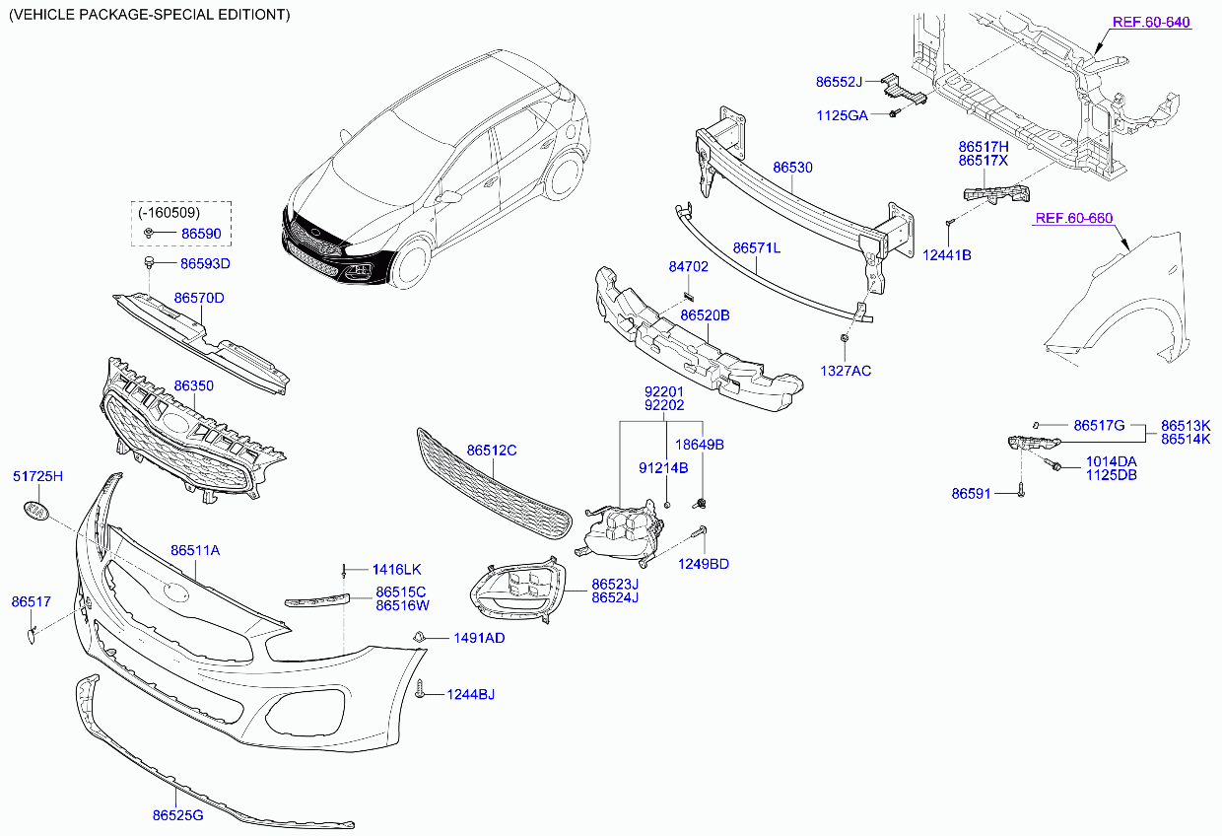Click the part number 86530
coord(792,168)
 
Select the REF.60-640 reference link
coord(1151,23)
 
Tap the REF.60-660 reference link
coord(1073,218)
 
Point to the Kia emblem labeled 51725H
coord(36,511)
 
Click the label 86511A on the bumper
coord(195,551)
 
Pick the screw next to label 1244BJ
coord(420,689)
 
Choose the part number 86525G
coord(177,816)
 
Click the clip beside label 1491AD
coord(419,636)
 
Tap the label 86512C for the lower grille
coord(492,451)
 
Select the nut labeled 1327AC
coord(844,339)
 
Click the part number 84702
coord(689,267)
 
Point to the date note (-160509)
coord(169,213)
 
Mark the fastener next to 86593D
coord(149,262)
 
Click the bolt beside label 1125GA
coord(894,113)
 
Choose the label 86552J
coord(839,82)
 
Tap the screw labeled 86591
coord(1021,490)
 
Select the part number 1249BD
coord(704,564)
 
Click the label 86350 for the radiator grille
coord(194,385)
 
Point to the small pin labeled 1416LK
coord(344,571)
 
